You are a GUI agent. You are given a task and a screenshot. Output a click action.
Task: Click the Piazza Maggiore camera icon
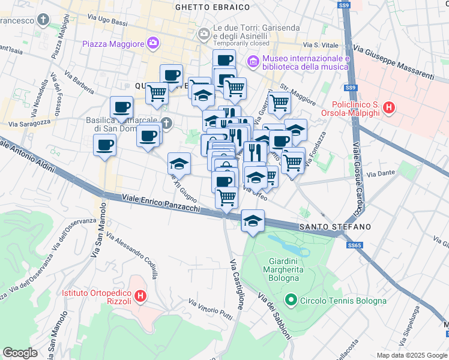tap(153, 43)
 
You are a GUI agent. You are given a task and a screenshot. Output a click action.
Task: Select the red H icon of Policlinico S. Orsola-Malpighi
tap(390, 109)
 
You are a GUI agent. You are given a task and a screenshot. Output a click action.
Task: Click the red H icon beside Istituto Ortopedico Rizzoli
tap(140, 295)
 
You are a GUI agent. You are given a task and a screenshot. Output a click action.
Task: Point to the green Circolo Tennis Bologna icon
tap(291, 299)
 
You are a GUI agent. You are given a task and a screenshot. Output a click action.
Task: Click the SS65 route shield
tap(354, 245)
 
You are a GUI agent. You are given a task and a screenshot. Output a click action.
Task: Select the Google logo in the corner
tap(20, 353)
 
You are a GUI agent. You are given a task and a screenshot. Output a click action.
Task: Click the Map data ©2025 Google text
tap(411, 355)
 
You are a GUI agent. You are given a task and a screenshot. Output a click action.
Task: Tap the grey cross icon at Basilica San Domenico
tap(167, 124)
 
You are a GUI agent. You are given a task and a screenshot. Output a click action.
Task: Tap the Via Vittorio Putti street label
tap(210, 308)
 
